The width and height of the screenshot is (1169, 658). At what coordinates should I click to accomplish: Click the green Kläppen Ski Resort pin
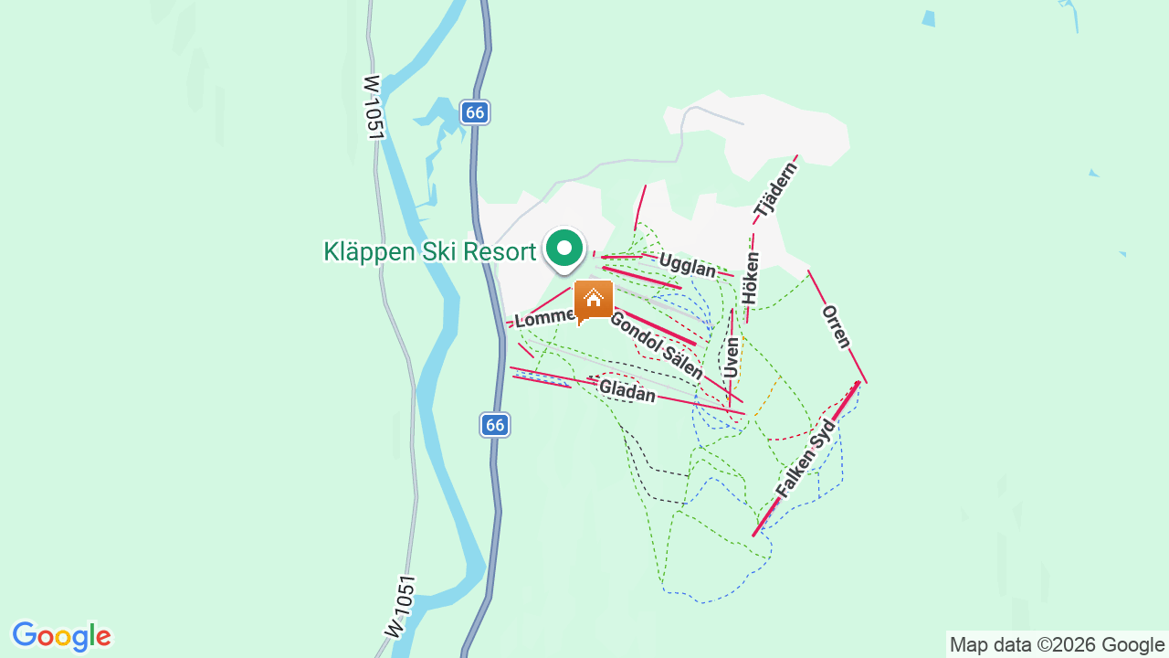tap(564, 249)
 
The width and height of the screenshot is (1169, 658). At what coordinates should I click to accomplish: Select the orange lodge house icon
tap(594, 300)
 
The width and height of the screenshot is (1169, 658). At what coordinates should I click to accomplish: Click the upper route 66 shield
tap(473, 112)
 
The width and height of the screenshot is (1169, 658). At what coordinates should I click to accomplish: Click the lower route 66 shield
tap(494, 425)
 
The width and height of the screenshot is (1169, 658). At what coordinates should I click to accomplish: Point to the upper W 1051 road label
tap(373, 107)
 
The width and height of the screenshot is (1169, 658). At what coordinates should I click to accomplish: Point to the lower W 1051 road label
tap(401, 606)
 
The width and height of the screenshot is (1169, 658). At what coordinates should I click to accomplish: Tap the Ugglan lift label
tap(687, 266)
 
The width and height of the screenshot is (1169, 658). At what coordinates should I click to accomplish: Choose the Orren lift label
tap(837, 327)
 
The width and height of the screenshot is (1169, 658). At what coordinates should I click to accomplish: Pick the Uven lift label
tap(731, 357)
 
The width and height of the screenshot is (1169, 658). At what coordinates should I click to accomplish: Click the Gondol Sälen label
tap(656, 345)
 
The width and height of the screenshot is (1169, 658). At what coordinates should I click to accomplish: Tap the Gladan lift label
tap(627, 391)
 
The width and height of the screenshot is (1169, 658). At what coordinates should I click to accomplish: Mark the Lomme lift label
tap(544, 319)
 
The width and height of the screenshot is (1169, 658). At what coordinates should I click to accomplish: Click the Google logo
tap(61, 636)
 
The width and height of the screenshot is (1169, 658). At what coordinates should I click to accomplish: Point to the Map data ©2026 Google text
tap(1057, 644)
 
